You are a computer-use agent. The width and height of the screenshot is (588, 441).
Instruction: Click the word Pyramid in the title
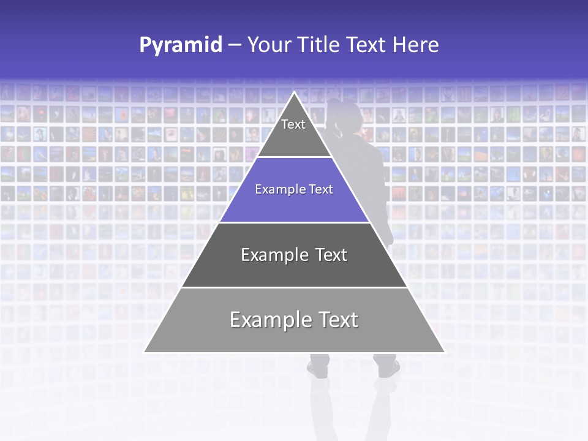(181, 45)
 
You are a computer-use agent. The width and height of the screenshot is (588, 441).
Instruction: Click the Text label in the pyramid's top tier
(293, 124)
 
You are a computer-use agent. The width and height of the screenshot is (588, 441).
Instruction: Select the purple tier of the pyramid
(294, 202)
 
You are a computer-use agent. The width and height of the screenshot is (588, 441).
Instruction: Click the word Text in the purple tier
(321, 189)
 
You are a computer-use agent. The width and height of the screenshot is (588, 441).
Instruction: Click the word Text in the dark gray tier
(330, 255)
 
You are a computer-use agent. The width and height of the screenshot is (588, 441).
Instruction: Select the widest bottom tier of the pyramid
(294, 334)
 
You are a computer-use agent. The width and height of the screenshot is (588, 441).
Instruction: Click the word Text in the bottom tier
(338, 320)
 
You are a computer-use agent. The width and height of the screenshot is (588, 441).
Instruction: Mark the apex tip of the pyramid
(295, 93)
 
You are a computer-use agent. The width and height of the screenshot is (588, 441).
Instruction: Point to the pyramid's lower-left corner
(145, 352)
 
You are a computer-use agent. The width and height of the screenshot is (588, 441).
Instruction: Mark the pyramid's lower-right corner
(444, 352)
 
